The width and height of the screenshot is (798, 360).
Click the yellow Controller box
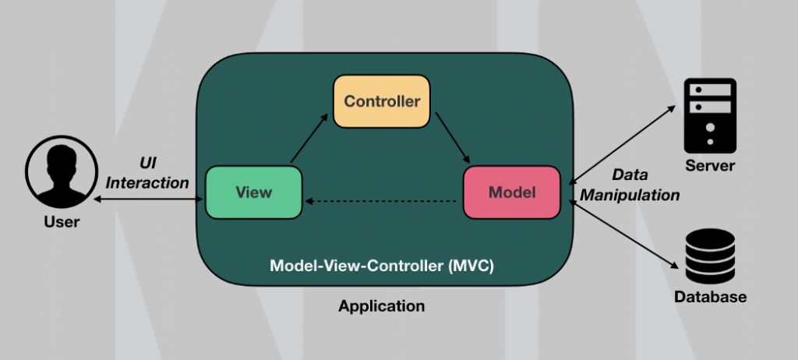click(382, 101)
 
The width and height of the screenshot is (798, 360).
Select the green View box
click(253, 192)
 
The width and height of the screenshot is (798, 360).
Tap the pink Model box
click(512, 192)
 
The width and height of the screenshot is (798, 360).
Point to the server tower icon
click(710, 115)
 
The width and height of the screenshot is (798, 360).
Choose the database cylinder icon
click(710, 258)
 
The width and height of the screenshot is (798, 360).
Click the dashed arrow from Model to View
click(382, 202)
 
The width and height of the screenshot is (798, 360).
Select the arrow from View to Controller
click(309, 139)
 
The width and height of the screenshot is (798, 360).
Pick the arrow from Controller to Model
click(452, 137)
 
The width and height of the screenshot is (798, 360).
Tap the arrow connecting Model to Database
click(623, 234)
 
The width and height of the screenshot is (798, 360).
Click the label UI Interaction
click(147, 174)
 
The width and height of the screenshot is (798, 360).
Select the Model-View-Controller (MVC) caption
click(382, 266)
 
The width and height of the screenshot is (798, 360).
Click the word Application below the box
click(382, 306)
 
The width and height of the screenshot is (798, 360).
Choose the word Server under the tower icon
click(710, 166)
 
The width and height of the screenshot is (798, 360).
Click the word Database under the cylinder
click(710, 297)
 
